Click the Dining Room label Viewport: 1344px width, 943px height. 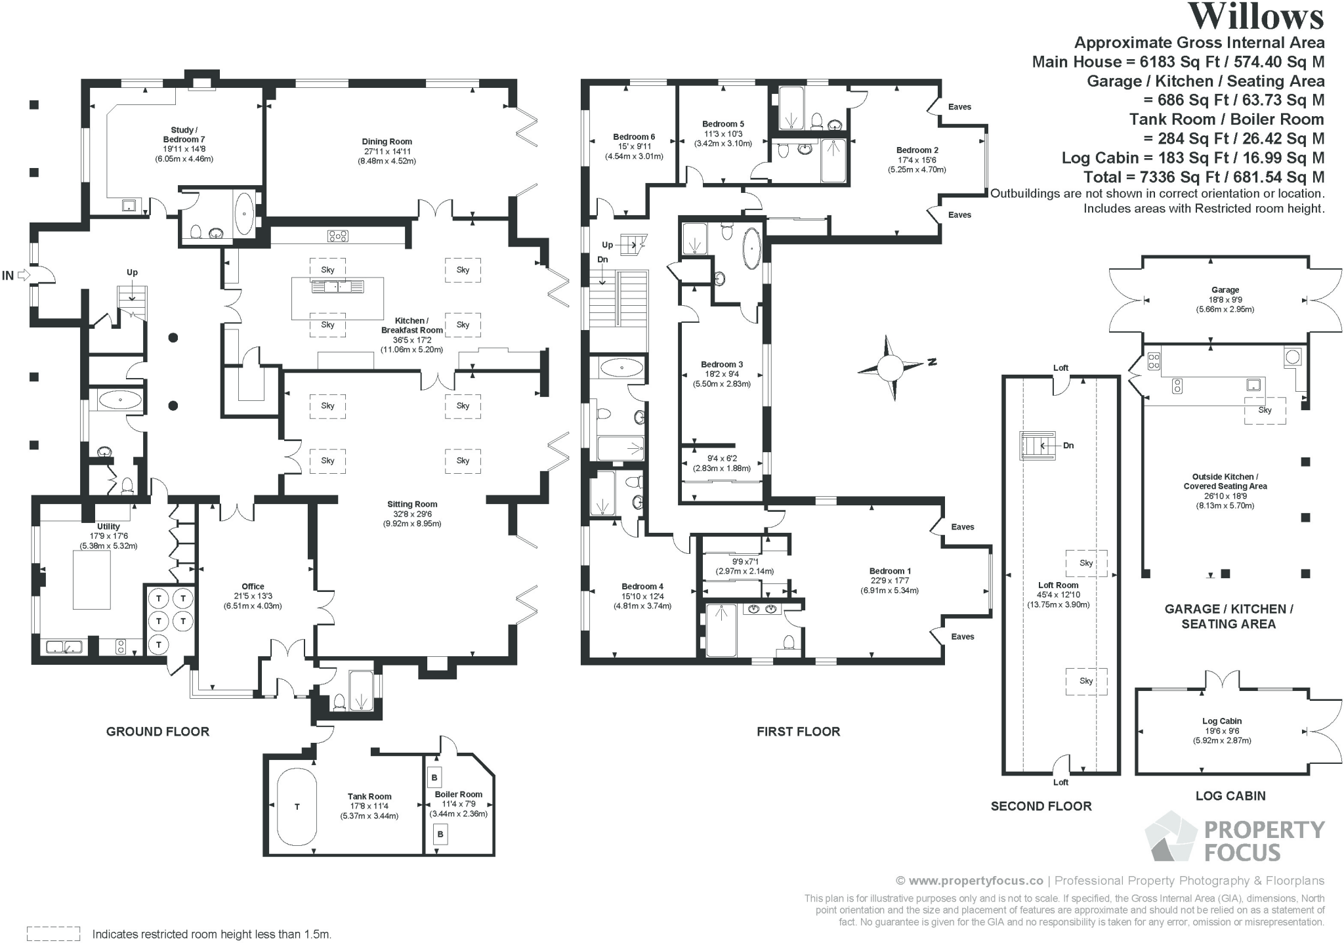(387, 142)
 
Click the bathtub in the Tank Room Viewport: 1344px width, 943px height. (297, 807)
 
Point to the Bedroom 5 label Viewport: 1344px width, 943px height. (723, 124)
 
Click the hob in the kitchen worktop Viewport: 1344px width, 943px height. (337, 236)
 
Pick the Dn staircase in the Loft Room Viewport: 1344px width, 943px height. (1037, 446)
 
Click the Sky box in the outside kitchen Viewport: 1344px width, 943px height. (1265, 410)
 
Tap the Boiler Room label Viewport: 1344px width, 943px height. (458, 794)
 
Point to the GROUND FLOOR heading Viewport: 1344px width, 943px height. (157, 731)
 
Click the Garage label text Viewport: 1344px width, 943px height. (1225, 290)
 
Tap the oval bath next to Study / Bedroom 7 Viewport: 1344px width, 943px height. (244, 213)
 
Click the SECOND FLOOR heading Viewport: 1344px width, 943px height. (1041, 806)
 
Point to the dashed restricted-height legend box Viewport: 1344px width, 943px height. (53, 933)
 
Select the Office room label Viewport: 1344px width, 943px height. (253, 587)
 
